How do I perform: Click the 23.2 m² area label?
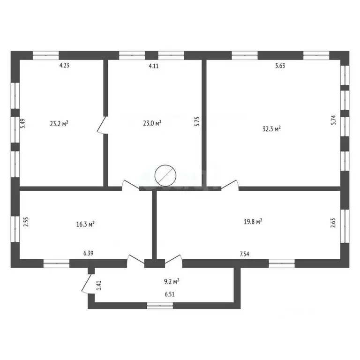point(60,124)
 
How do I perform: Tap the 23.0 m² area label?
point(152,124)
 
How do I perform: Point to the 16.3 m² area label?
point(86,224)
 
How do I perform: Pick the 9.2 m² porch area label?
point(171,282)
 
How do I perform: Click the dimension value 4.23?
point(64,66)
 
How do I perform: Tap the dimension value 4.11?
point(154,66)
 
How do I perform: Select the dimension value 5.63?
point(280,66)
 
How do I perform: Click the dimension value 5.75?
point(197,122)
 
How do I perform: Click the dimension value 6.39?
point(88,254)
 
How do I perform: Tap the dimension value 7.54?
point(244,254)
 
